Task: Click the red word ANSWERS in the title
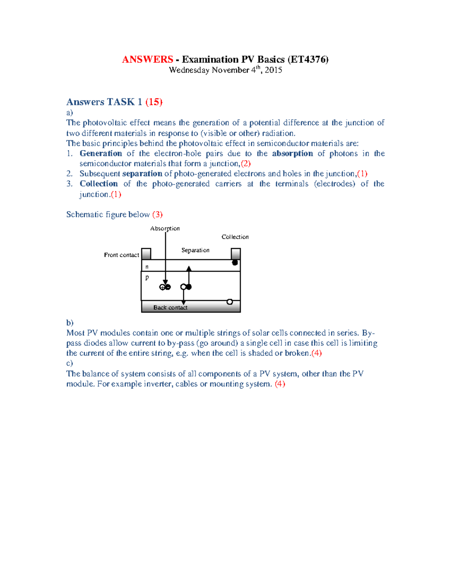(147, 59)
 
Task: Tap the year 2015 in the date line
(273, 70)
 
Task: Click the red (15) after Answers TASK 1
(154, 102)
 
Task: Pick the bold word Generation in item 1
(101, 153)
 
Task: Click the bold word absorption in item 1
(292, 153)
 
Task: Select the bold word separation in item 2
(142, 174)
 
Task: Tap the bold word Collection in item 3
(98, 184)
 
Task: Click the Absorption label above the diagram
(165, 228)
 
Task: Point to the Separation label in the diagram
(195, 250)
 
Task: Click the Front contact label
(121, 255)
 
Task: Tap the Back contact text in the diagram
(170, 308)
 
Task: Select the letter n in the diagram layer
(147, 267)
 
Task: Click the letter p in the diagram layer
(147, 277)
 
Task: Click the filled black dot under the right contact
(235, 262)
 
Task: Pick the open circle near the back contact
(230, 302)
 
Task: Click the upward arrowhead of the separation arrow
(189, 268)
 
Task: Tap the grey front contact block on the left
(146, 254)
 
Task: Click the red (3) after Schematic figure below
(157, 214)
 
